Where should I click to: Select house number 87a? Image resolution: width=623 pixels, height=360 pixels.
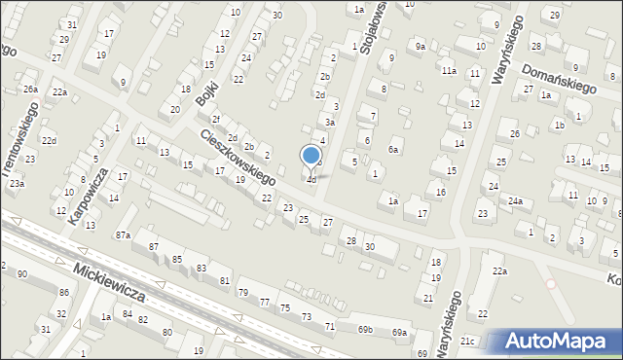click(x=123, y=235)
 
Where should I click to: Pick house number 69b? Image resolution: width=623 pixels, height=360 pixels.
click(x=364, y=330)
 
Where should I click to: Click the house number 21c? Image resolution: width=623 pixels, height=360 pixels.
click(x=467, y=341)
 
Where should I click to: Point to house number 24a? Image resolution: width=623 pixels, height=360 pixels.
click(x=515, y=201)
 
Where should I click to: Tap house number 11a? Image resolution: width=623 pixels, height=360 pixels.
click(x=448, y=71)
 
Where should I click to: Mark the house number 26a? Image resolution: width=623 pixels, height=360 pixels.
click(x=30, y=90)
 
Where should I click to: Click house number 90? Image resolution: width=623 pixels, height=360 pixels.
click(x=21, y=274)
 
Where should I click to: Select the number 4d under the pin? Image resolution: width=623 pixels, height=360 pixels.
click(x=311, y=180)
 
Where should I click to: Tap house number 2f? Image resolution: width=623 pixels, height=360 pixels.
click(x=216, y=119)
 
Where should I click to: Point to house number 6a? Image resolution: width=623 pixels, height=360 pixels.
click(x=394, y=150)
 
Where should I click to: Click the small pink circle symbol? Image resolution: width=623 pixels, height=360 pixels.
click(x=551, y=284)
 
